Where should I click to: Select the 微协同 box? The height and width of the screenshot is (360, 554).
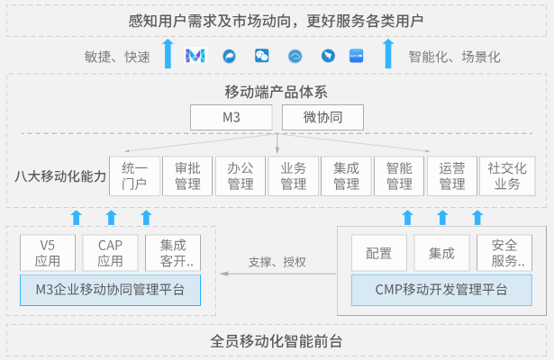[322, 118]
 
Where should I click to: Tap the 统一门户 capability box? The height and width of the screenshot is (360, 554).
[134, 176]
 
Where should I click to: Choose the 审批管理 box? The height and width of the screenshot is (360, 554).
[187, 176]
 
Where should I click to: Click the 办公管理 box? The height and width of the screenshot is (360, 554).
[241, 176]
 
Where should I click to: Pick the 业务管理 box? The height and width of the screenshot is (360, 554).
[294, 176]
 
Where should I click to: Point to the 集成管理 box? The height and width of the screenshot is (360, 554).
[346, 176]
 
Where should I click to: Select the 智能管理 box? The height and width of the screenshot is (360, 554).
[399, 176]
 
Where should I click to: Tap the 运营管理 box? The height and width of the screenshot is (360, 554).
[452, 176]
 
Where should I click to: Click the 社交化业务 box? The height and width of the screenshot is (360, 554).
[505, 176]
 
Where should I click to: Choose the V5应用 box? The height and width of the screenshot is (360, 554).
[48, 253]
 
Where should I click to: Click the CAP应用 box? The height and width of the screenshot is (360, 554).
[110, 253]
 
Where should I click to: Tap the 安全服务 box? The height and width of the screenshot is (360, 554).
[505, 253]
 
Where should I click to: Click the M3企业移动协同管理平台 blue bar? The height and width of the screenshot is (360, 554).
[110, 290]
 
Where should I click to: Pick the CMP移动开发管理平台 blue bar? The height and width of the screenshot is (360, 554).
[441, 290]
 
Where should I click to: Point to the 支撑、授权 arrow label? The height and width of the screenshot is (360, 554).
[277, 263]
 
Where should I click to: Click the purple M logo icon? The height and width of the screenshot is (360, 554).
[195, 56]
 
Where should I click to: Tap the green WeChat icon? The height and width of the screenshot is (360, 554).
[262, 56]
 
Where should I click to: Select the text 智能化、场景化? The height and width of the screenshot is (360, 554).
[454, 57]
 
